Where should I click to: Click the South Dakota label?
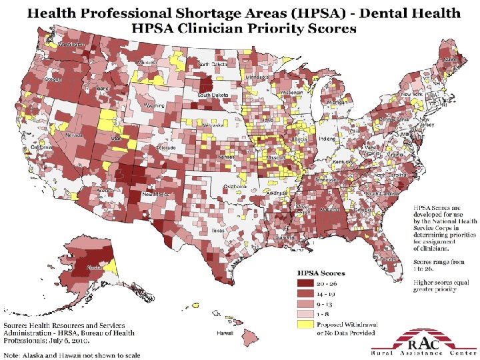(211, 95)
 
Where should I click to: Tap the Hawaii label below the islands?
(224, 333)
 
